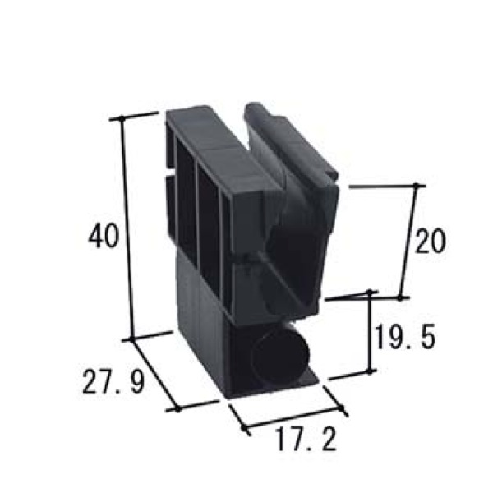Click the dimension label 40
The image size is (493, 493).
pos(104,236)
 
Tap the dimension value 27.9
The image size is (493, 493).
pos(114,382)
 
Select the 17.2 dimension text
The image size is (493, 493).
pos(306,440)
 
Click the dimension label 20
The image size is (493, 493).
pos(431,241)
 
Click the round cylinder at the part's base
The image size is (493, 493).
pos(281,357)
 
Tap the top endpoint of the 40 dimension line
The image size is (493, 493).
pos(122,117)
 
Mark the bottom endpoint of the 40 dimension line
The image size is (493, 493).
pos(132,339)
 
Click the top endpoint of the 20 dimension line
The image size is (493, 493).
pos(417,186)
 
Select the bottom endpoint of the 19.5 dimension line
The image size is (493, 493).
pos(370,371)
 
